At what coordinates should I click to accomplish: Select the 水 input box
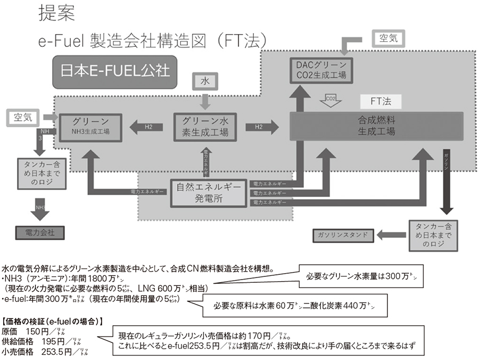click(204, 81)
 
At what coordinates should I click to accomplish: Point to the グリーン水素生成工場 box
click(205, 126)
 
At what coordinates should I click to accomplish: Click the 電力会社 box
click(39, 232)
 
